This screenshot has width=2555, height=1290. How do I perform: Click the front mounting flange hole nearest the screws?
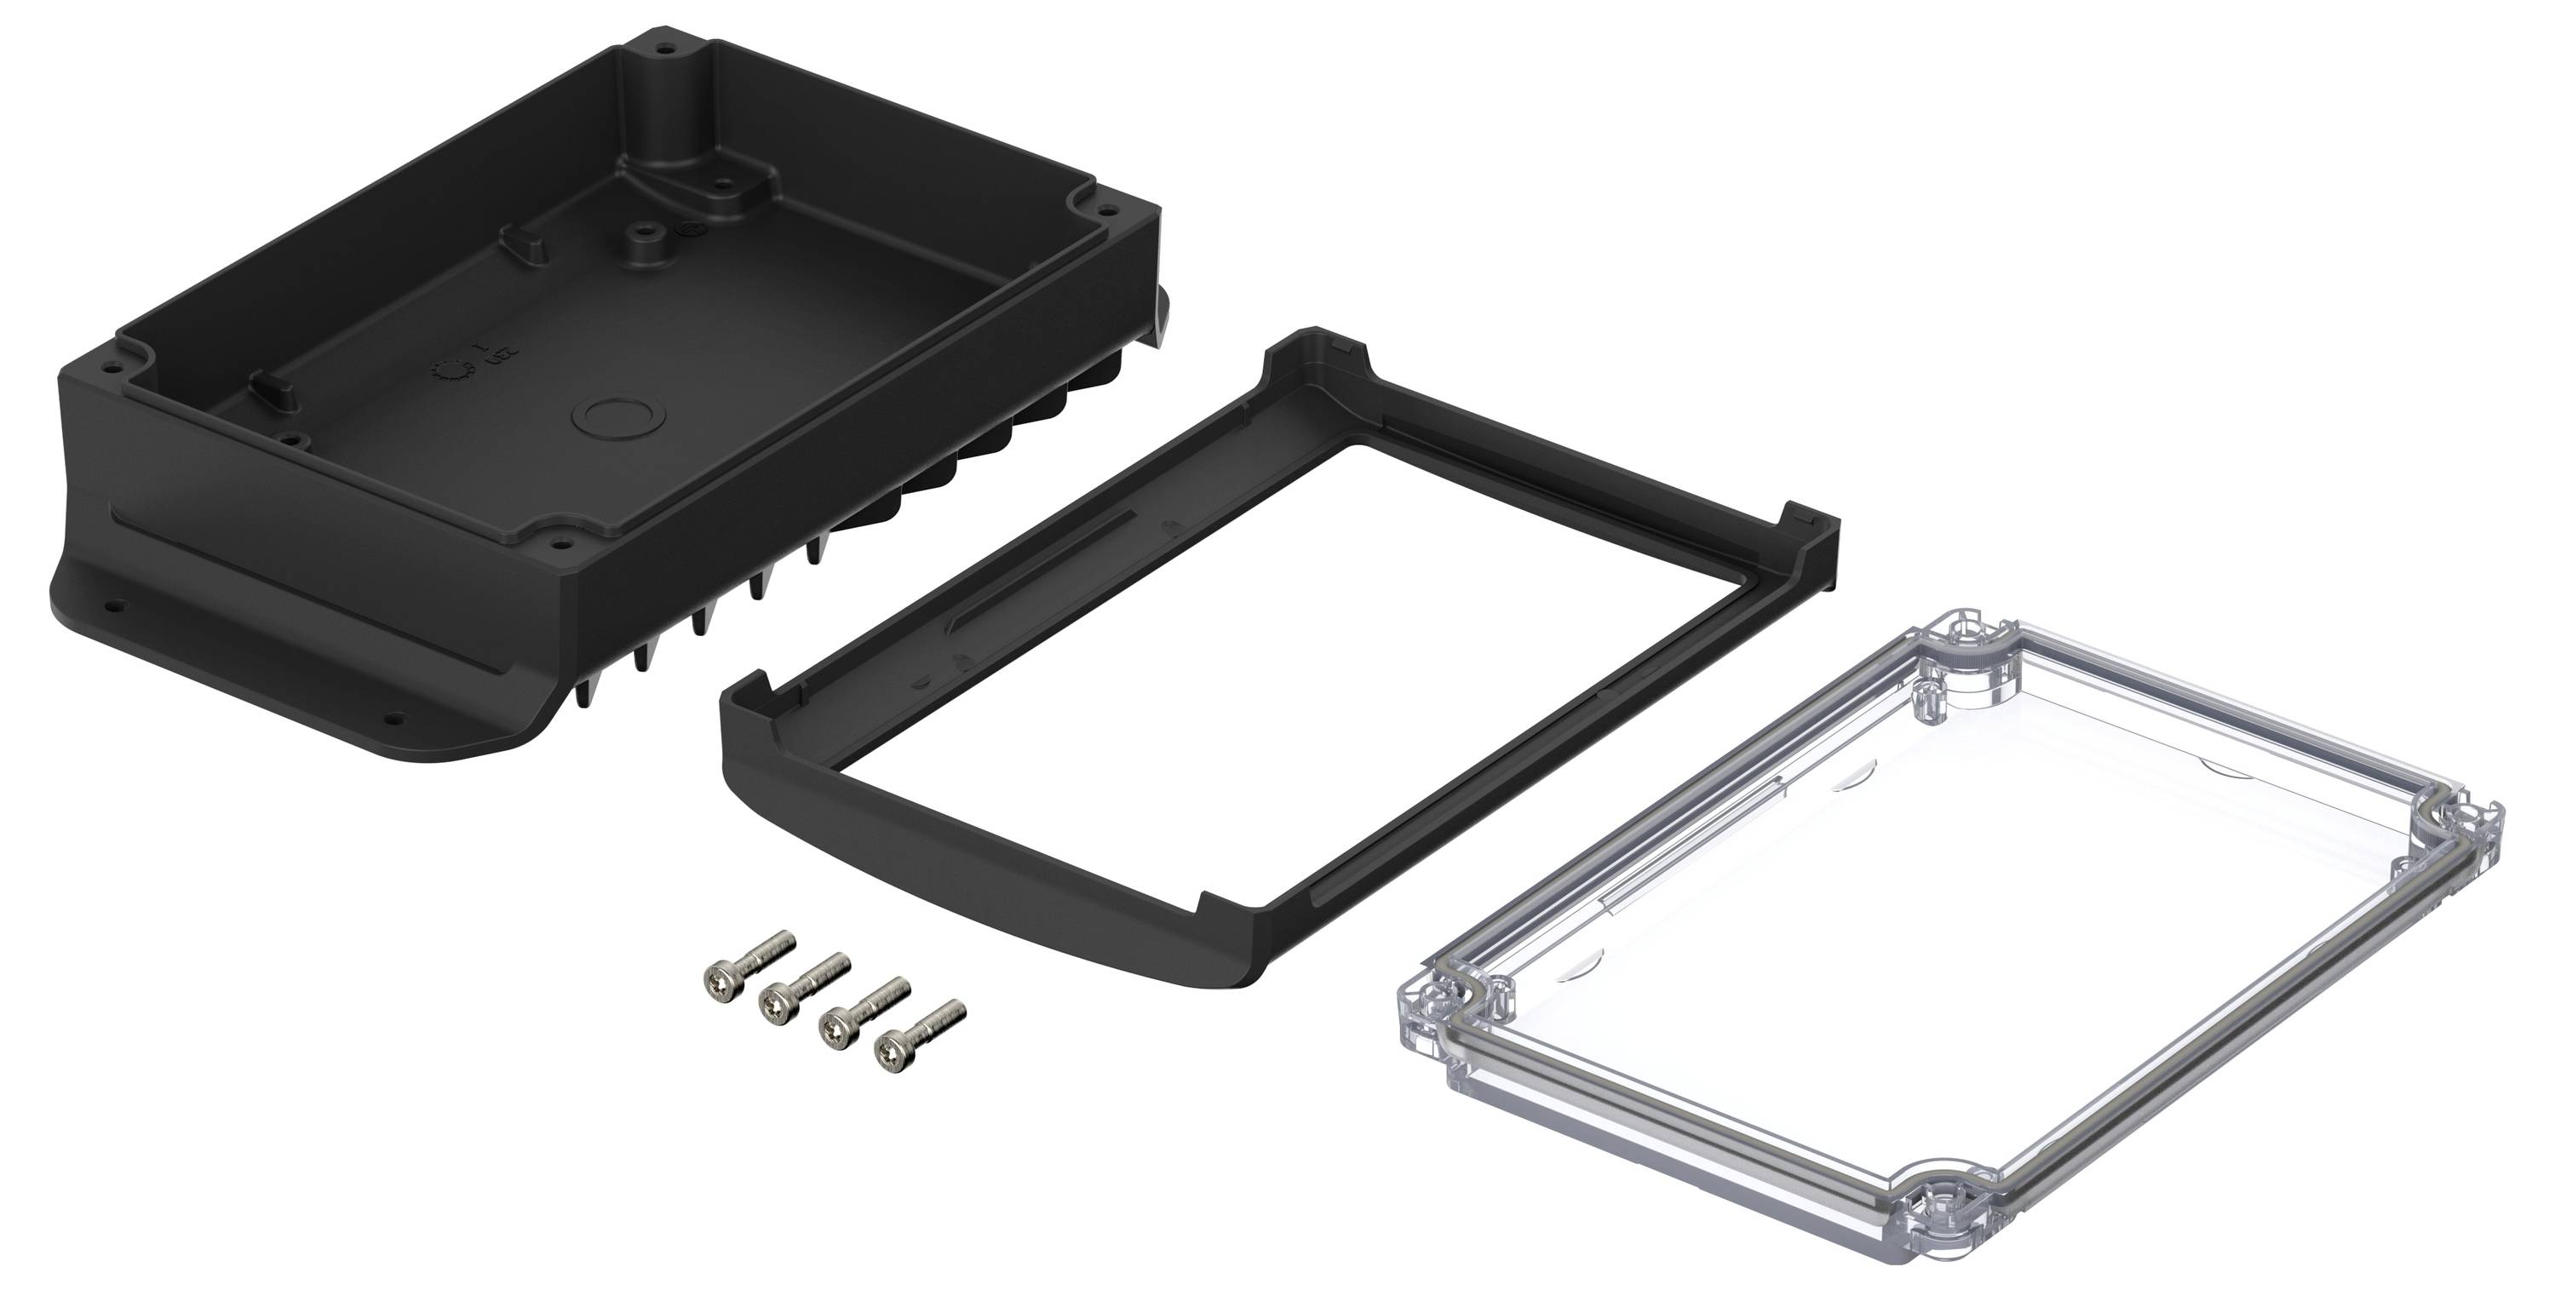pos(395,717)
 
